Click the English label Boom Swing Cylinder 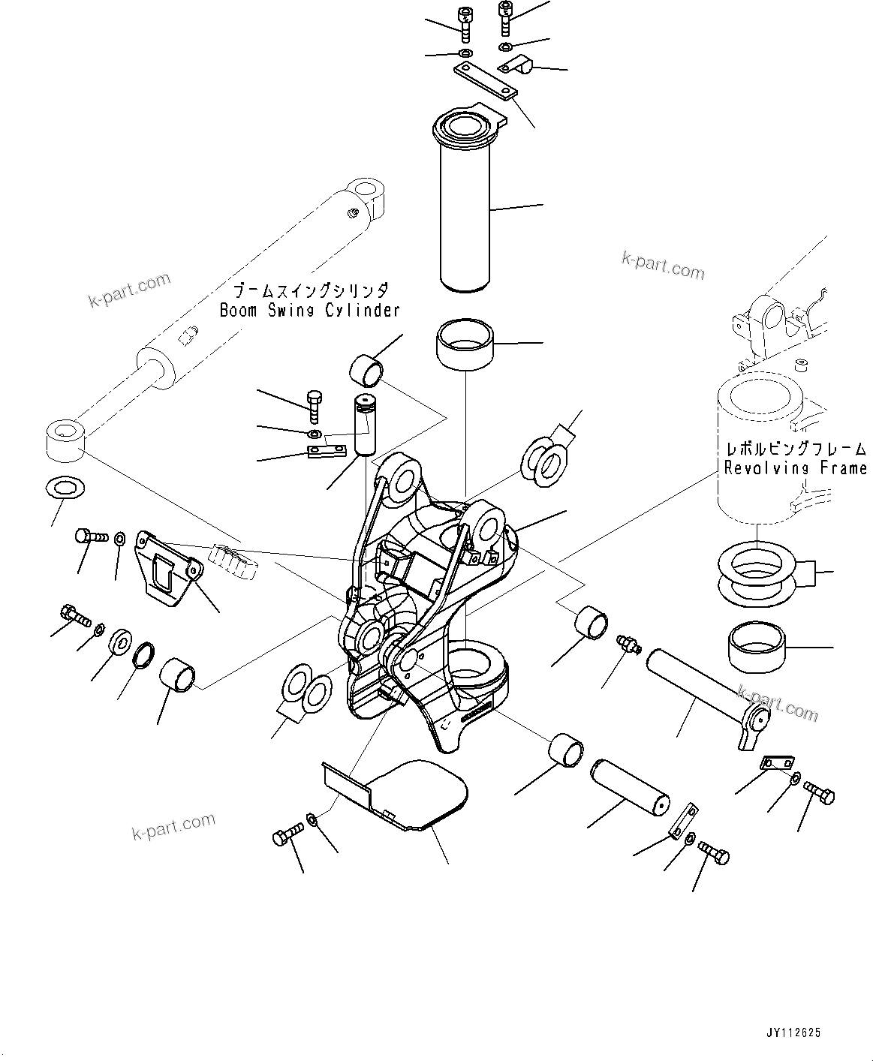pos(309,311)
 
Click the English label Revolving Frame pos(795,468)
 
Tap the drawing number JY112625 pos(793,1033)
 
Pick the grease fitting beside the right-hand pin pos(625,642)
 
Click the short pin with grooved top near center pos(364,424)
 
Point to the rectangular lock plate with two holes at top pos(486,82)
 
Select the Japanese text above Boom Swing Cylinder pos(309,291)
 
